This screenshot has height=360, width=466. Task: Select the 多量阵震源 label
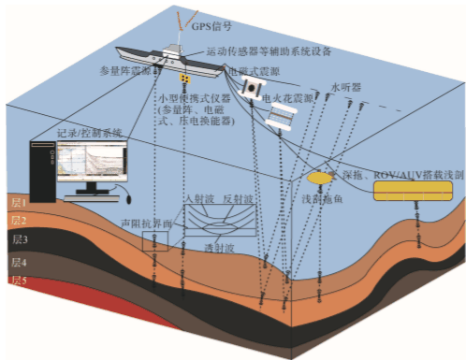click(x=125, y=70)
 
